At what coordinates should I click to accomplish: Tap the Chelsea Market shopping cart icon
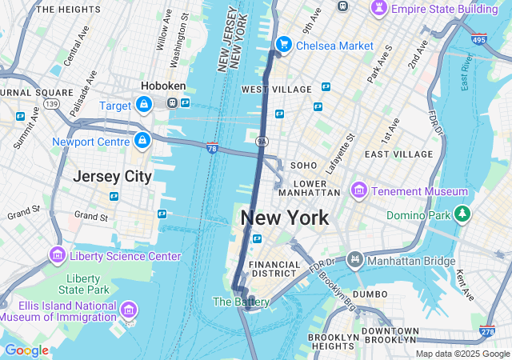[282, 45]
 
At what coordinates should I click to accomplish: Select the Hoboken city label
[163, 86]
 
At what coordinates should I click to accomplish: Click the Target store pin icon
[143, 104]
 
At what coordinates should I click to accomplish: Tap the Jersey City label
[112, 176]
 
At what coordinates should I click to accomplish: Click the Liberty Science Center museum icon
[58, 255]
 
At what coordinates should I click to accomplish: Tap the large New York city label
[284, 218]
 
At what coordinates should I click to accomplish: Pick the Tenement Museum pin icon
[358, 191]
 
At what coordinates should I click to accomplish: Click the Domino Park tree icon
[462, 214]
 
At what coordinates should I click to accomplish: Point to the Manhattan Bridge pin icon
[355, 260]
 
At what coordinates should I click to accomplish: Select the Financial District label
[274, 270]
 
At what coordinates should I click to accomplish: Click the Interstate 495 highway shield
[479, 39]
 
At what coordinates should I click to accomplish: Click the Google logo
[26, 350]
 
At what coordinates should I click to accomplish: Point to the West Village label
[265, 89]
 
